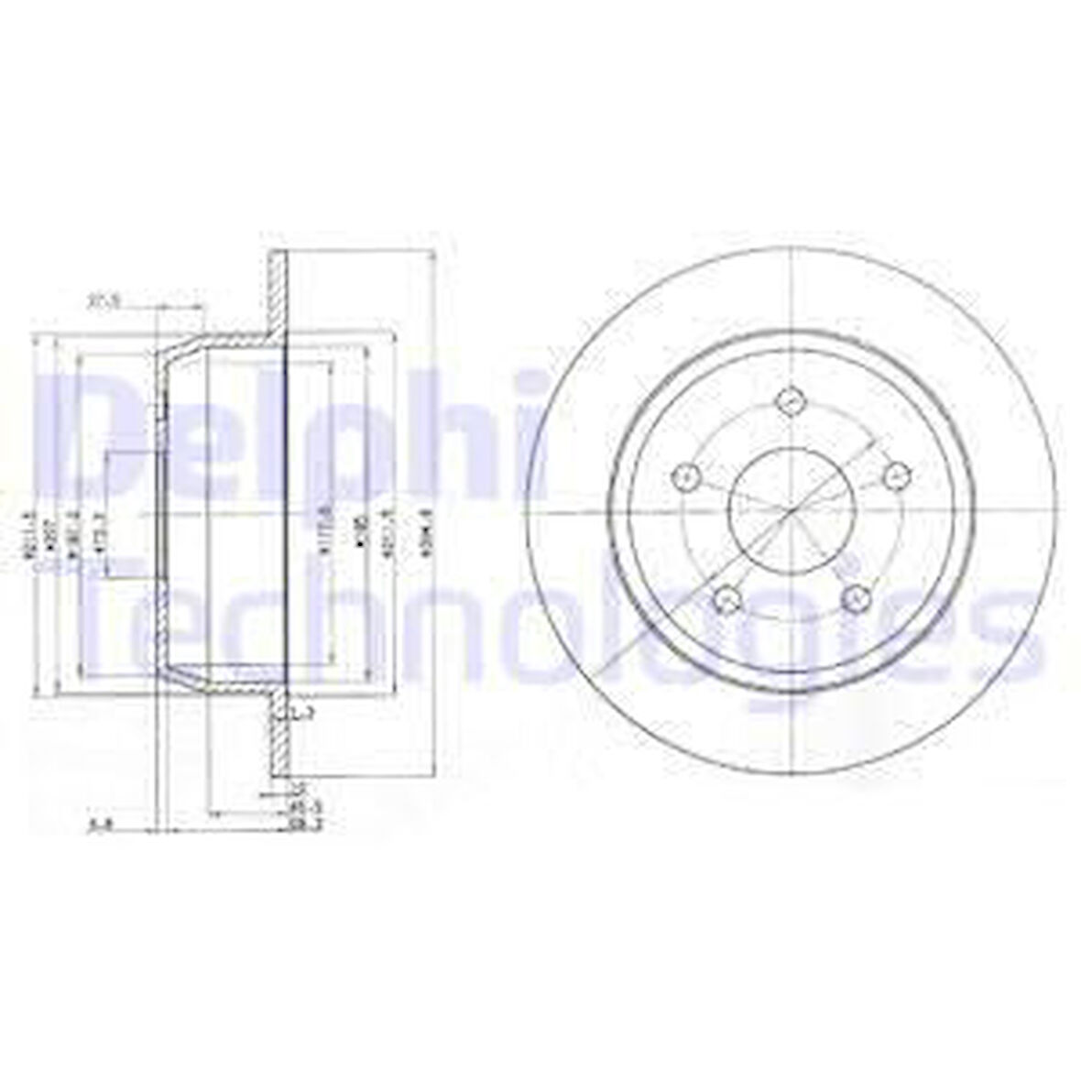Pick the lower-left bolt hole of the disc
point(726,599)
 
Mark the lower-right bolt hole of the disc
point(855,598)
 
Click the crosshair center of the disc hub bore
point(790,509)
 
